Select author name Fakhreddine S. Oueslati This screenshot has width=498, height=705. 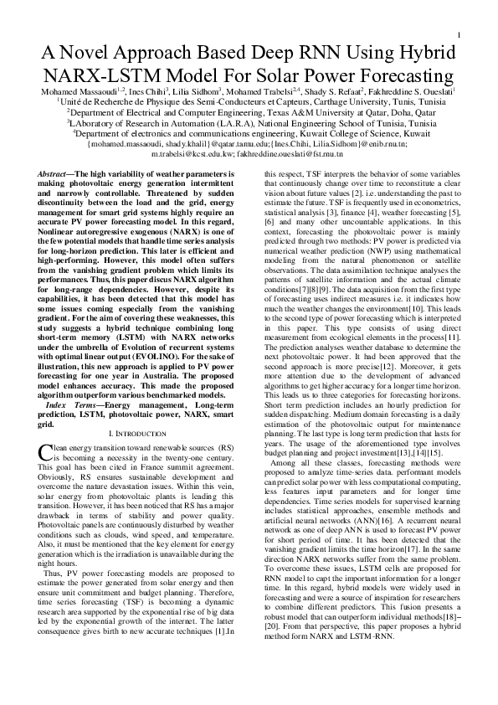pyautogui.click(x=424, y=90)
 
